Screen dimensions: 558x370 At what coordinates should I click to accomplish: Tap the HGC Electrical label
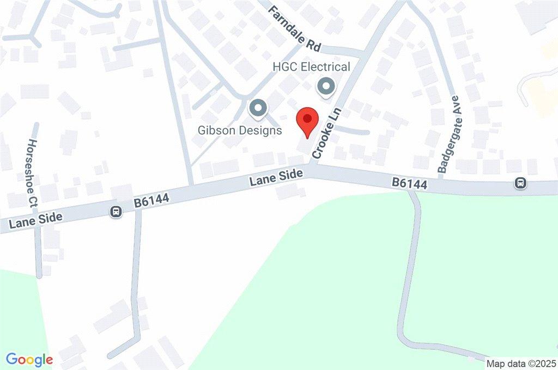[311, 67]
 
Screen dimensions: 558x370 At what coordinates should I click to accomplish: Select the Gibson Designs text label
[240, 131]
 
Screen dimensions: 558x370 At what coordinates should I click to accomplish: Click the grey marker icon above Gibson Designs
[257, 108]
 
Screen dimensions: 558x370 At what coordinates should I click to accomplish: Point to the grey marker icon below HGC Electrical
[326, 86]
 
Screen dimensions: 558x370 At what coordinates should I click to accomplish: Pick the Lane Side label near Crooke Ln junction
[276, 178]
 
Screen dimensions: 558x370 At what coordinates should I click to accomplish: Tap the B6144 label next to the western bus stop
[152, 201]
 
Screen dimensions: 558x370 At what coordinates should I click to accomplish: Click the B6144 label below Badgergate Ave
[409, 184]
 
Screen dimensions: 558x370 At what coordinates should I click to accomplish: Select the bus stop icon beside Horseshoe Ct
[116, 212]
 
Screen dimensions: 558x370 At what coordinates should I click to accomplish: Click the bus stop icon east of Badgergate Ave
[521, 183]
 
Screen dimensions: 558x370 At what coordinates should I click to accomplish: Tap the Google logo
[29, 359]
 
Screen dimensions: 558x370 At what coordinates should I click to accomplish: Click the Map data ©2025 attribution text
[520, 363]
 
